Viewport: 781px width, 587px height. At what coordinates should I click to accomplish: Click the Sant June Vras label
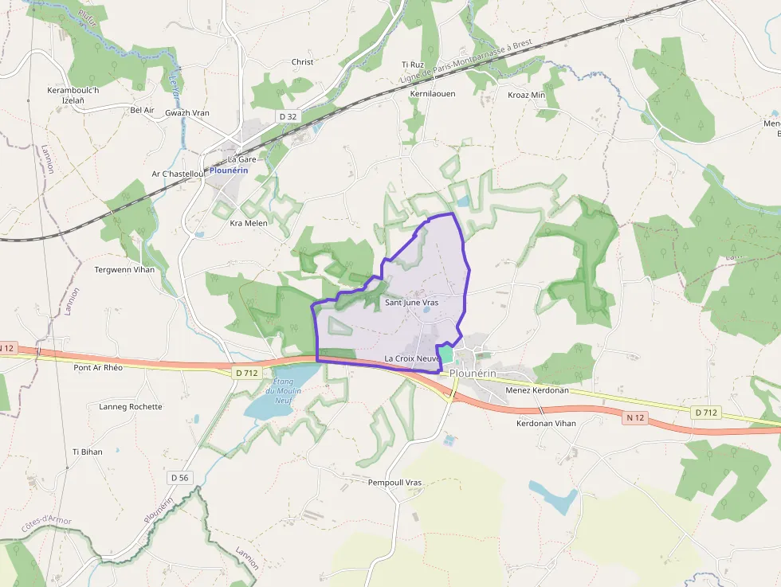(x=411, y=303)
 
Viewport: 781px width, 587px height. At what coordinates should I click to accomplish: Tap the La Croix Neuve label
(x=412, y=358)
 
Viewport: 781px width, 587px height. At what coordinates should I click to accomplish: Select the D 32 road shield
(x=288, y=116)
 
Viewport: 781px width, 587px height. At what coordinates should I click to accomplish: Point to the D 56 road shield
(x=180, y=477)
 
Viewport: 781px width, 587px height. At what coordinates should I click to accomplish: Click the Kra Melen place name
(x=249, y=223)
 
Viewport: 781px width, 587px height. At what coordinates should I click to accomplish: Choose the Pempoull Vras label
(x=394, y=483)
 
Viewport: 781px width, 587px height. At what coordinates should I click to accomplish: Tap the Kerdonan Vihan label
(x=546, y=424)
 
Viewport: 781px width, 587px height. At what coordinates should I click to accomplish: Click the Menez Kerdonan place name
(x=537, y=390)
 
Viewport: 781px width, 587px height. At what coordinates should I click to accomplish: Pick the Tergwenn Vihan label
(x=125, y=269)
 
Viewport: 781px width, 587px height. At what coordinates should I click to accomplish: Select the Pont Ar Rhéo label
(x=98, y=368)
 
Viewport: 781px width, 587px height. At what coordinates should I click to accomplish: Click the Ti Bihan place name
(x=87, y=452)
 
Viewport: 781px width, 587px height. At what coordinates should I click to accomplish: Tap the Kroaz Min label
(x=527, y=95)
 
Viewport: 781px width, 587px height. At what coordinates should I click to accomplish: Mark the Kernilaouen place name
(x=432, y=94)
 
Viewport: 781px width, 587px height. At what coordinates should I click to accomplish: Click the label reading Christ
(x=303, y=62)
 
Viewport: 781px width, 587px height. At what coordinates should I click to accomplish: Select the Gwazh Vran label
(x=187, y=113)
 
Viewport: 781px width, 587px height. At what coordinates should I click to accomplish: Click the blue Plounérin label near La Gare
(x=230, y=170)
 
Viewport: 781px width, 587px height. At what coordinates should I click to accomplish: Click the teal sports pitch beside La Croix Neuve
(x=445, y=354)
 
